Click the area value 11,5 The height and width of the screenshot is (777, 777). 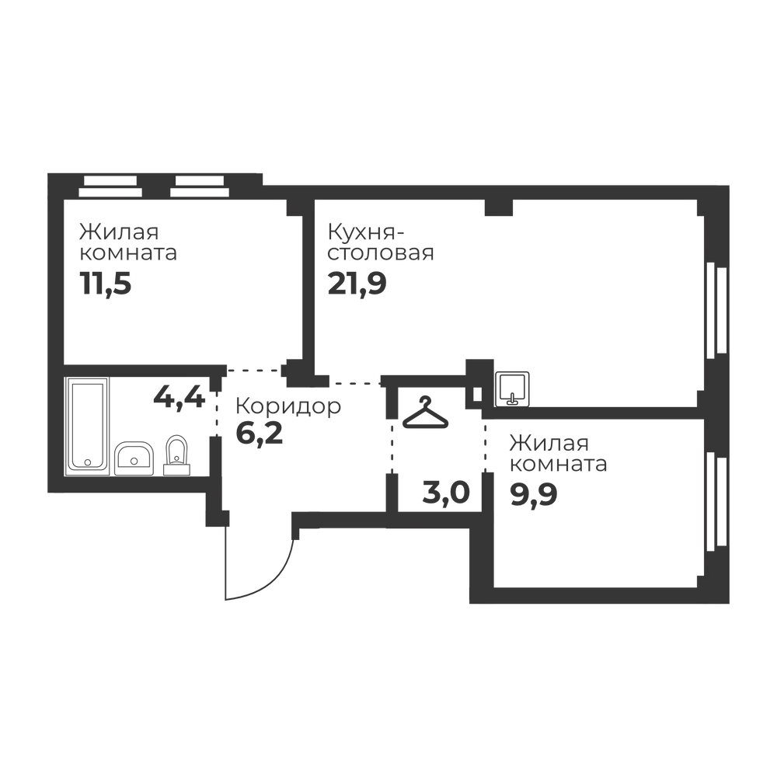click(x=106, y=284)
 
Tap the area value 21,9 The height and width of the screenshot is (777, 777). click(x=357, y=284)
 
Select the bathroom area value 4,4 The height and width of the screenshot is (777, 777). click(x=179, y=396)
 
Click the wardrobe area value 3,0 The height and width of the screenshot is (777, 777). click(x=446, y=493)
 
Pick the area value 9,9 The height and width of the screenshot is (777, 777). click(x=534, y=494)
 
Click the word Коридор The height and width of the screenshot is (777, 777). click(x=288, y=406)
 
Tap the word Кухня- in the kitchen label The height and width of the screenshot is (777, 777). click(x=366, y=232)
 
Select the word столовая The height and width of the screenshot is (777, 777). click(x=381, y=253)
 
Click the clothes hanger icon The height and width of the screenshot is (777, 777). click(x=425, y=413)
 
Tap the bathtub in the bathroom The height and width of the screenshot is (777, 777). click(x=87, y=424)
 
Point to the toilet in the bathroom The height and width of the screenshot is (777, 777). click(x=176, y=456)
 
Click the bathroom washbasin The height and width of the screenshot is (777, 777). click(x=134, y=458)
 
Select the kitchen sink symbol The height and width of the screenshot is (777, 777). click(x=512, y=389)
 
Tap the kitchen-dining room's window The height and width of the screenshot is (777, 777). click(x=716, y=310)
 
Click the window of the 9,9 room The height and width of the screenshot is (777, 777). click(x=716, y=501)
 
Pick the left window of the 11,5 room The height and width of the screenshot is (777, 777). click(x=110, y=186)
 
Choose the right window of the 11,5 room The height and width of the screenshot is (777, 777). click(x=200, y=186)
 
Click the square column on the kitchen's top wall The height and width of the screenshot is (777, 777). click(x=499, y=207)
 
